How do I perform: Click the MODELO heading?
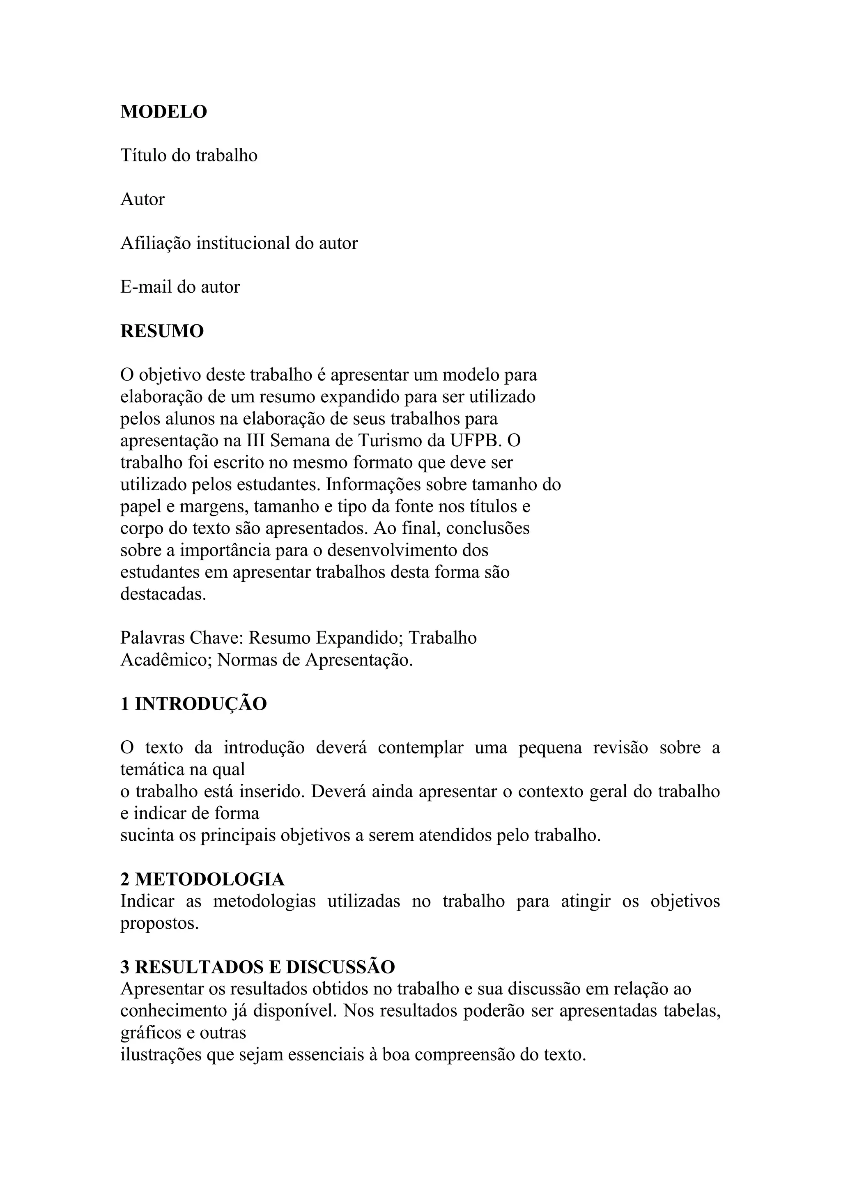tap(164, 112)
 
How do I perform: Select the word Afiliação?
tap(155, 243)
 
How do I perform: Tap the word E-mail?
tap(146, 287)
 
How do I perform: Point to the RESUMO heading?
tap(162, 331)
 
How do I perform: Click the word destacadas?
tap(163, 594)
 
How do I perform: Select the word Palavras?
tap(152, 638)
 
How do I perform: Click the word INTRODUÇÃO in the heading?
tap(201, 704)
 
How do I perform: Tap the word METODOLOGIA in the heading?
tap(210, 879)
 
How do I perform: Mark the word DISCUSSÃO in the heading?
tap(340, 967)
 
